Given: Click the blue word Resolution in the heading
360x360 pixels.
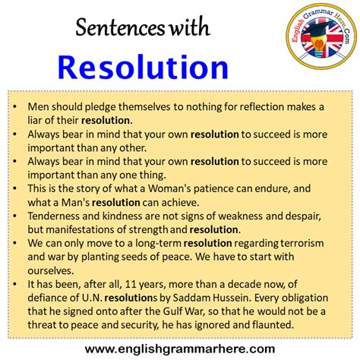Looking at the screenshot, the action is point(143,68).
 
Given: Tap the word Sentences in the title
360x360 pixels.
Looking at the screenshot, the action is point(120,27).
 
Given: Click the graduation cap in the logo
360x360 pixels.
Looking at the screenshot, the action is point(318,30).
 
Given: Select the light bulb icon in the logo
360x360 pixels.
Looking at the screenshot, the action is point(319,46).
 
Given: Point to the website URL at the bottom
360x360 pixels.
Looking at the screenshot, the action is point(180,349).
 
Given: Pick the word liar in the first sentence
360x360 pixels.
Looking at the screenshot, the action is point(34,120).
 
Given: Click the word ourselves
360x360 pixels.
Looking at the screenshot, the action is point(51,271).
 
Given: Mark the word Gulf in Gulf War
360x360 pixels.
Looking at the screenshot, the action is point(172,311).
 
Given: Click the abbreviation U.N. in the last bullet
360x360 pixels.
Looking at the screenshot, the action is point(92,298).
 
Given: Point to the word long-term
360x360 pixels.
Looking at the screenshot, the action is point(158,243).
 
